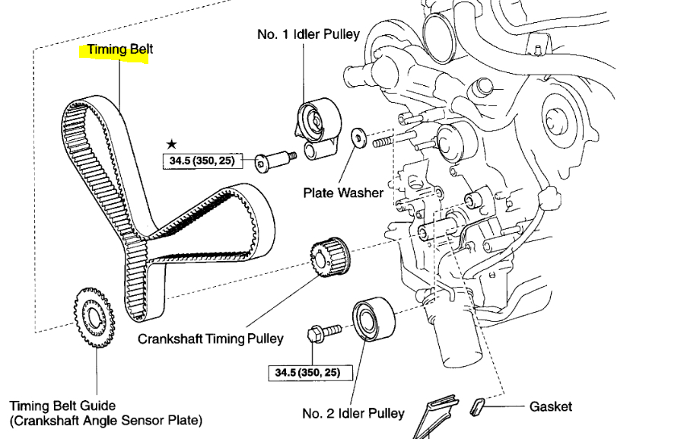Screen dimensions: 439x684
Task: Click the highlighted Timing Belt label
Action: pos(120,50)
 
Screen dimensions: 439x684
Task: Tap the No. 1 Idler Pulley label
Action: pos(308,35)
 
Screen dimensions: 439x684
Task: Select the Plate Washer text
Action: pos(342,192)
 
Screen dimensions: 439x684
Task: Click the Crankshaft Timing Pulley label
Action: pos(210,339)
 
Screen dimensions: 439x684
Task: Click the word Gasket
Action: pos(551,407)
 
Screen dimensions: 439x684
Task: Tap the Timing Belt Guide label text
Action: pos(62,406)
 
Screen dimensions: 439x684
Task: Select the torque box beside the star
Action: pos(199,161)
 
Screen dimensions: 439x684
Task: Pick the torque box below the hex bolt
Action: pos(304,373)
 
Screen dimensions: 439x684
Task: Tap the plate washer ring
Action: pos(358,138)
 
